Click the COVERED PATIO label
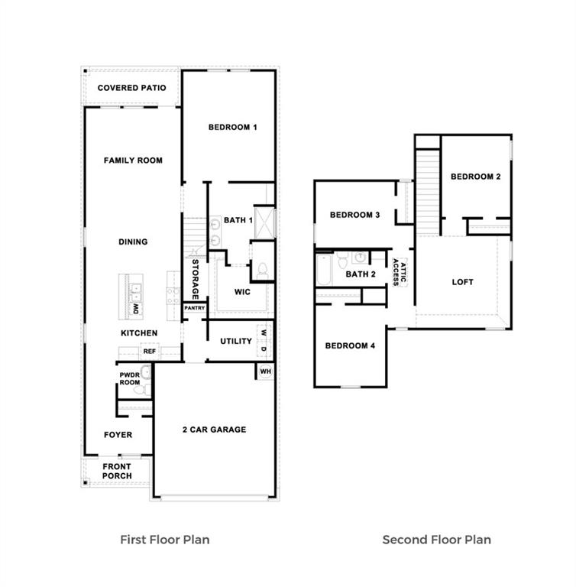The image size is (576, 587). click(x=131, y=88)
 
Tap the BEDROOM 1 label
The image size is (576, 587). click(x=232, y=127)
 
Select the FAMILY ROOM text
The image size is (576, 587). click(x=133, y=161)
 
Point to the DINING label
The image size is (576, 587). click(x=133, y=242)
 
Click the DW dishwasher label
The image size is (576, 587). click(x=136, y=309)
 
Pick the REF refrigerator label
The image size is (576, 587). click(x=150, y=352)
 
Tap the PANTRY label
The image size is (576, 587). click(x=194, y=309)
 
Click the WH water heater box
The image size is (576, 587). click(x=265, y=371)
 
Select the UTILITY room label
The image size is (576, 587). click(x=236, y=341)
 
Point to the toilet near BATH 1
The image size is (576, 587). click(x=262, y=269)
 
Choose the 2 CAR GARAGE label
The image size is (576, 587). click(x=214, y=430)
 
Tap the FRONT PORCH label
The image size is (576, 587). click(x=117, y=471)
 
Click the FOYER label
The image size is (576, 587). click(x=118, y=435)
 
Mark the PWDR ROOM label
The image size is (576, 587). click(x=129, y=378)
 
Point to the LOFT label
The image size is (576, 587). click(x=462, y=281)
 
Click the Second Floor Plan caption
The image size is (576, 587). click(x=436, y=540)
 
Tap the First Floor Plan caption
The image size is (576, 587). click(x=164, y=540)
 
